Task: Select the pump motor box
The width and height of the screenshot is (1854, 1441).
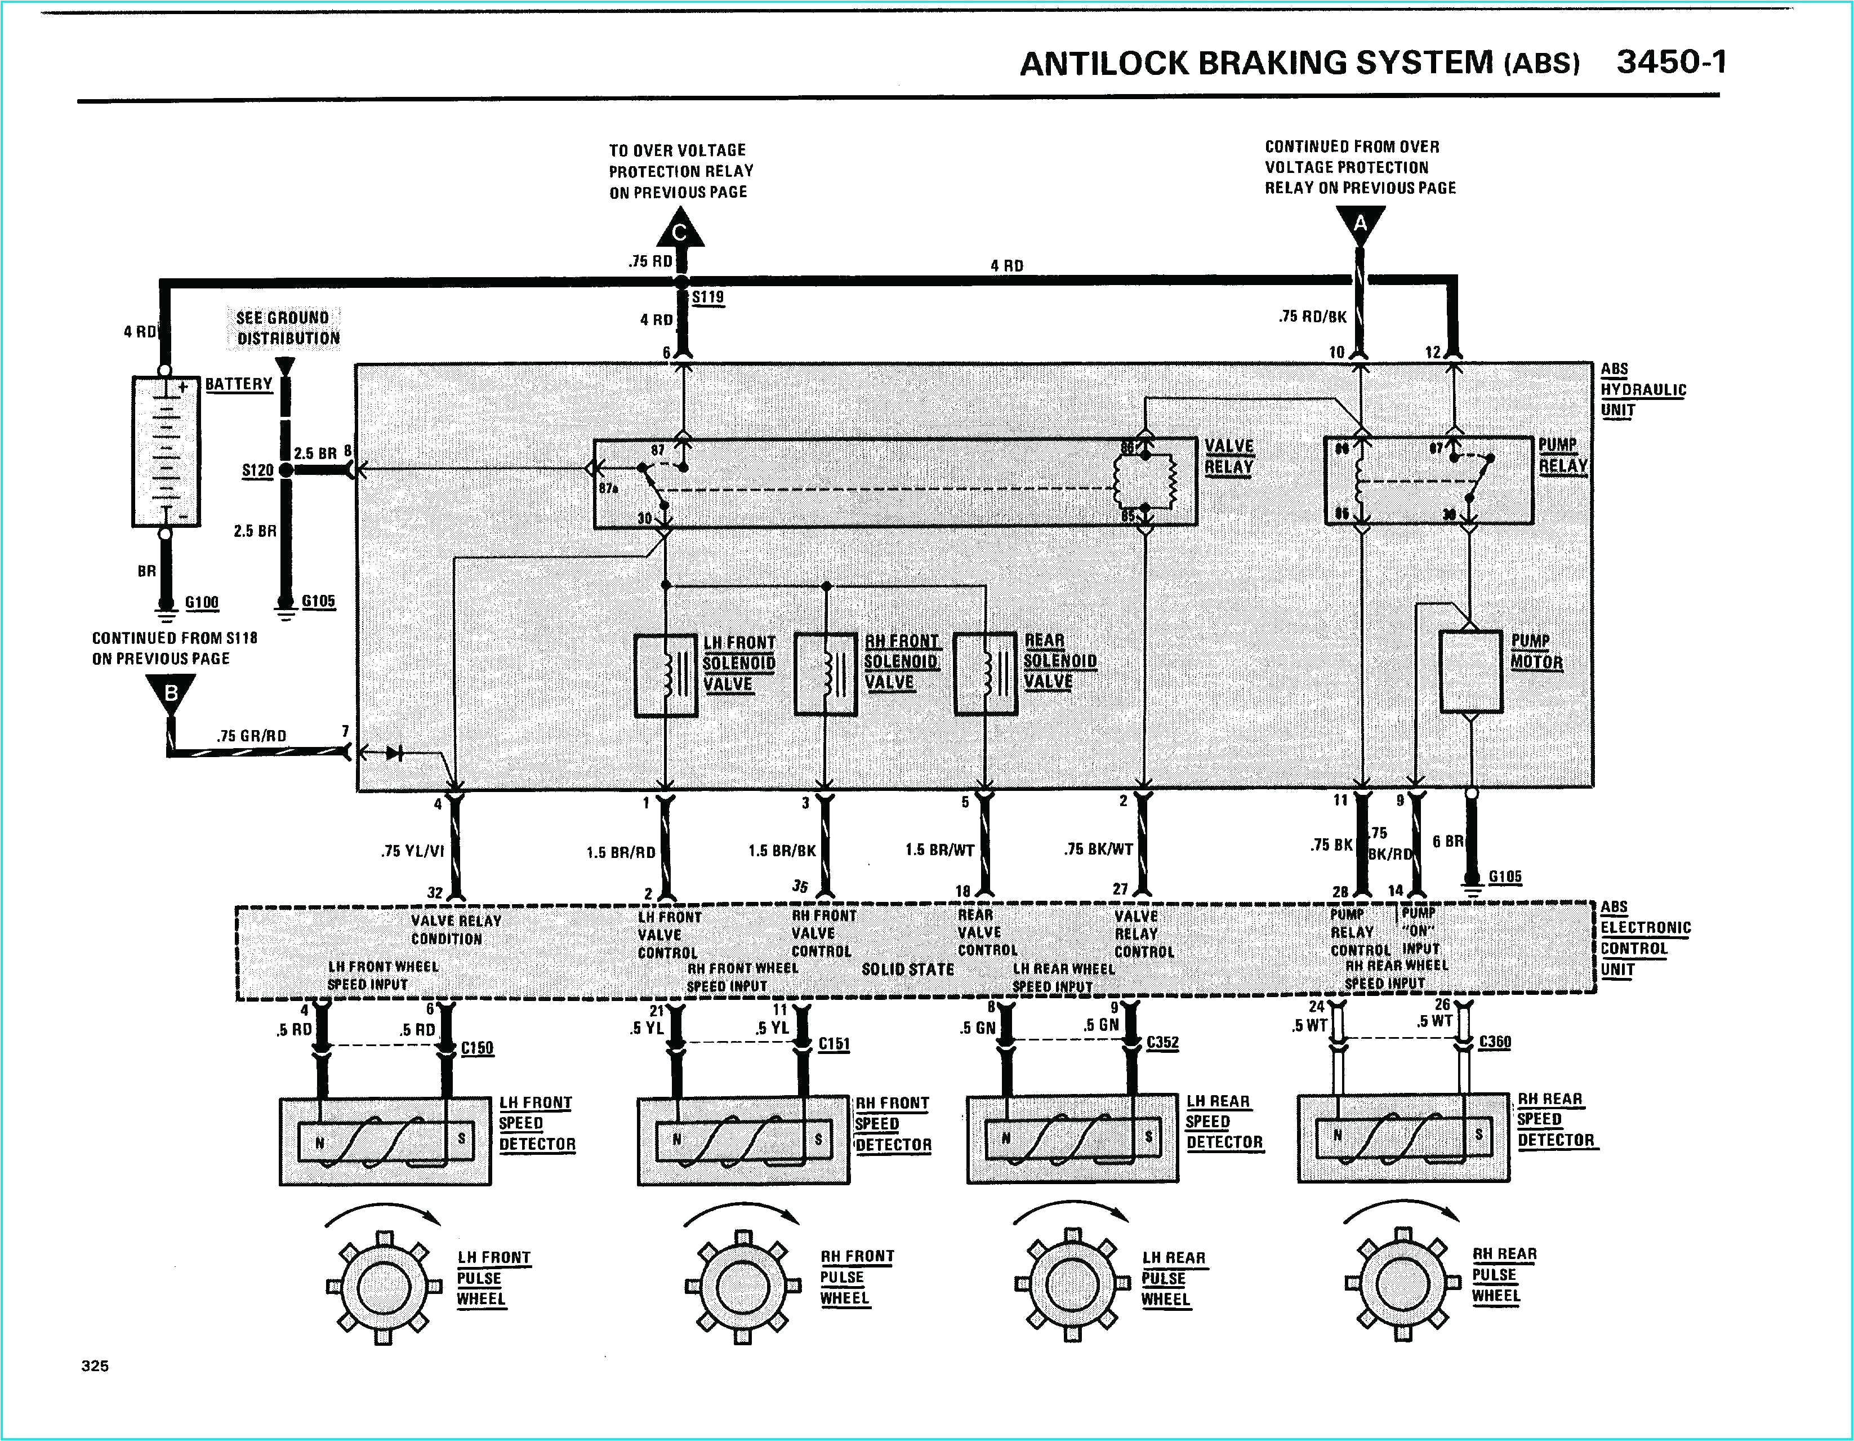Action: pyautogui.click(x=1471, y=671)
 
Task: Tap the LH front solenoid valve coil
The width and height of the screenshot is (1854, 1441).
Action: pyautogui.click(x=666, y=675)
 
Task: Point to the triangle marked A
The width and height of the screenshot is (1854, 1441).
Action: pyautogui.click(x=1360, y=224)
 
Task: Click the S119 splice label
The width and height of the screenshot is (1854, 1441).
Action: pyautogui.click(x=707, y=297)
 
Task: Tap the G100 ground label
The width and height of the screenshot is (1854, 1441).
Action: pyautogui.click(x=202, y=602)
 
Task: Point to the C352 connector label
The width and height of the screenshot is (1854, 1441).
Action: pyautogui.click(x=1162, y=1043)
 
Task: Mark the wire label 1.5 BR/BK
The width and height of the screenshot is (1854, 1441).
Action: pyautogui.click(x=781, y=850)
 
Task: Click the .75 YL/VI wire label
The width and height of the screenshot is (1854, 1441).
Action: pyautogui.click(x=413, y=850)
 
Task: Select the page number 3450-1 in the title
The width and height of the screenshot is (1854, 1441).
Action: pyautogui.click(x=1670, y=62)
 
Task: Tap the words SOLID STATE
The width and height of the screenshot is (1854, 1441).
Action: pyautogui.click(x=907, y=969)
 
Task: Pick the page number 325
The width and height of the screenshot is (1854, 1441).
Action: pyautogui.click(x=95, y=1366)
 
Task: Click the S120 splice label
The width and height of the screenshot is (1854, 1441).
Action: pyautogui.click(x=257, y=470)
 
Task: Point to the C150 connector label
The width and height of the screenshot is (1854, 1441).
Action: pyautogui.click(x=477, y=1048)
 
